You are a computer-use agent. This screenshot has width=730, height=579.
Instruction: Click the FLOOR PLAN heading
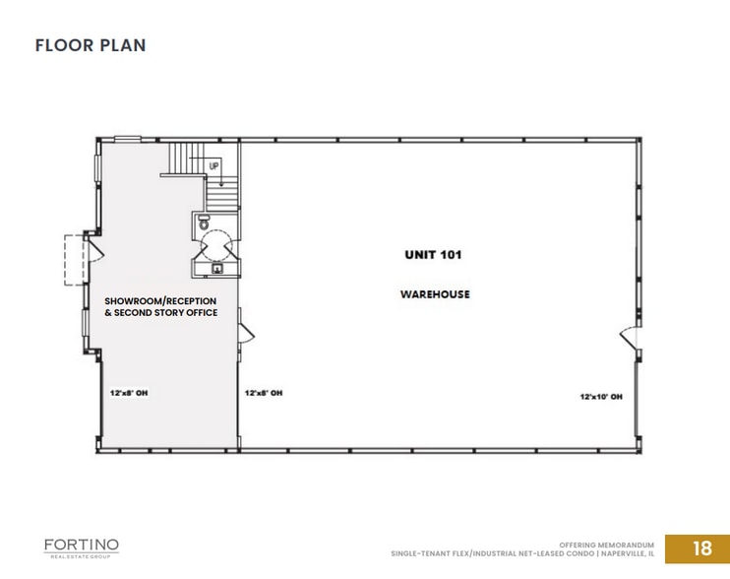[x=91, y=45]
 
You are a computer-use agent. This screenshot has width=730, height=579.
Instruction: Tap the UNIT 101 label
[x=433, y=255]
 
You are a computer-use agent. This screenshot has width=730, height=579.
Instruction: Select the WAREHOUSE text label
[x=434, y=294]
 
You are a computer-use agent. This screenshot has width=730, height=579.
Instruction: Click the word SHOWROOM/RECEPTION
[x=160, y=300]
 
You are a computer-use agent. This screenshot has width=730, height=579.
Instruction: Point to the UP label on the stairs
[x=213, y=166]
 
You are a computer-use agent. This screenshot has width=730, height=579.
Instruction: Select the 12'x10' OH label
[x=600, y=397]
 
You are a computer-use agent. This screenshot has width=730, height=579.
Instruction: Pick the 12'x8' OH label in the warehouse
[x=264, y=393]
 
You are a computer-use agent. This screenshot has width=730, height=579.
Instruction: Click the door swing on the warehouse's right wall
[x=627, y=340]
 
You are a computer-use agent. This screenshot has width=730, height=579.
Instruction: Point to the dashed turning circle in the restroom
[x=216, y=241]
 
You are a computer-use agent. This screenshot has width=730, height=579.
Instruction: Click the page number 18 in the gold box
[x=701, y=548]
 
